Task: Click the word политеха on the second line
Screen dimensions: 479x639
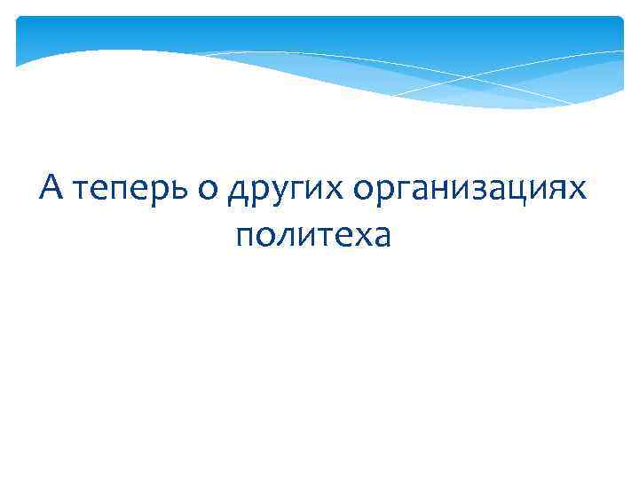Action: [x=313, y=237]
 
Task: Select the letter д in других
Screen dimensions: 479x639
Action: [x=238, y=193]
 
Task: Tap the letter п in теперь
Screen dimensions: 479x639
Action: [x=122, y=192]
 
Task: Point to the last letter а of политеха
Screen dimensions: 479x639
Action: [x=381, y=237]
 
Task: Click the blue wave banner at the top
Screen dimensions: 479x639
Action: [x=319, y=44]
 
